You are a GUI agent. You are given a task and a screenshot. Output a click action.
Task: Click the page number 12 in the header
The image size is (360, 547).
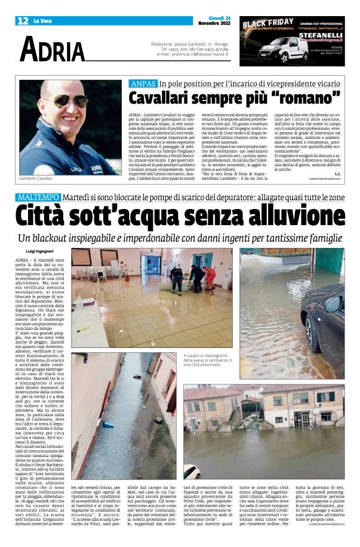[x=22, y=20]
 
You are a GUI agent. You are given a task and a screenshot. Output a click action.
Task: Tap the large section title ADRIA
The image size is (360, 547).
[x=52, y=50]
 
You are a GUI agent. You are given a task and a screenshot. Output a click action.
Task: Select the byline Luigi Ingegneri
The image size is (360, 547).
[x=40, y=251]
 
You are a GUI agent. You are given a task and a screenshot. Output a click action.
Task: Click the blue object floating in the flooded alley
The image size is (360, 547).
[x=109, y=424]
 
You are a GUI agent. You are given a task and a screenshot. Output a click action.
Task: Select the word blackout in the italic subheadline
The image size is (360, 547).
[x=76, y=238]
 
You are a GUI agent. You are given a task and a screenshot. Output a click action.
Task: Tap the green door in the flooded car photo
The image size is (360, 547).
[x=332, y=263]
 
